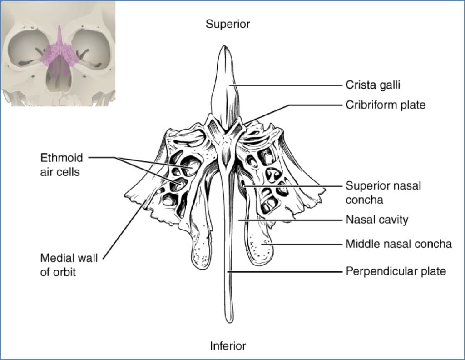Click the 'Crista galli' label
[373, 85]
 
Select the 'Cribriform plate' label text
[386, 105]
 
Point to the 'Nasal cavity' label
[377, 220]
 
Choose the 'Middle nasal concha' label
[399, 244]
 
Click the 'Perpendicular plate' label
[396, 271]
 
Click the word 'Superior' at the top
[228, 24]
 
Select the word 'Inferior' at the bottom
[228, 346]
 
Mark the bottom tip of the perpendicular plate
[228, 320]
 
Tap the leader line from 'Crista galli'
[286, 85]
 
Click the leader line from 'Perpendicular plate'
[286, 271]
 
